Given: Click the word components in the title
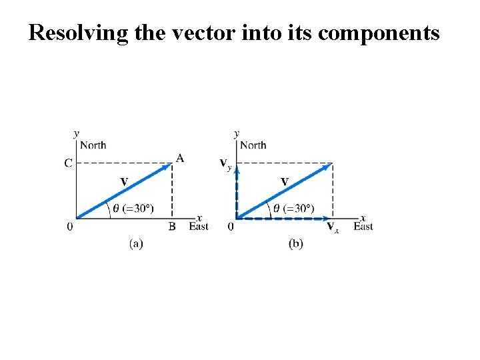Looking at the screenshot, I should click(x=379, y=33).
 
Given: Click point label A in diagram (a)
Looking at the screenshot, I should click(x=180, y=158).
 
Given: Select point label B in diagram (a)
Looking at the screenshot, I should click(x=172, y=227).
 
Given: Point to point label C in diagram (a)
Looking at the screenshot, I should click(x=68, y=163).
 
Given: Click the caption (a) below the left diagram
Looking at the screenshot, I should click(x=136, y=244).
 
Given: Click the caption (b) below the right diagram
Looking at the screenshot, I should click(x=296, y=244).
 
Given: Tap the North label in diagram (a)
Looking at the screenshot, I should click(x=93, y=145).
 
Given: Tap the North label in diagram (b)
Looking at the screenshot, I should click(x=253, y=145).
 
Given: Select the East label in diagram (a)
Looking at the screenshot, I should click(x=199, y=227).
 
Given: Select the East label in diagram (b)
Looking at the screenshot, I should click(x=363, y=227).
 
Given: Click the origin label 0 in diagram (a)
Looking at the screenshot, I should click(x=70, y=227).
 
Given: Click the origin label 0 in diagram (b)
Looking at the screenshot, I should click(x=231, y=227).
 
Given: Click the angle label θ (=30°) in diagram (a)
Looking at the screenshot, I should click(x=133, y=208).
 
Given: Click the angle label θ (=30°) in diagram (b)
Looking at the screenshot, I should click(x=294, y=208).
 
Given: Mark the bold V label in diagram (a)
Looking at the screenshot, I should click(x=124, y=181).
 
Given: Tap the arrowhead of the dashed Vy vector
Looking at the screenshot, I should click(x=237, y=169).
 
